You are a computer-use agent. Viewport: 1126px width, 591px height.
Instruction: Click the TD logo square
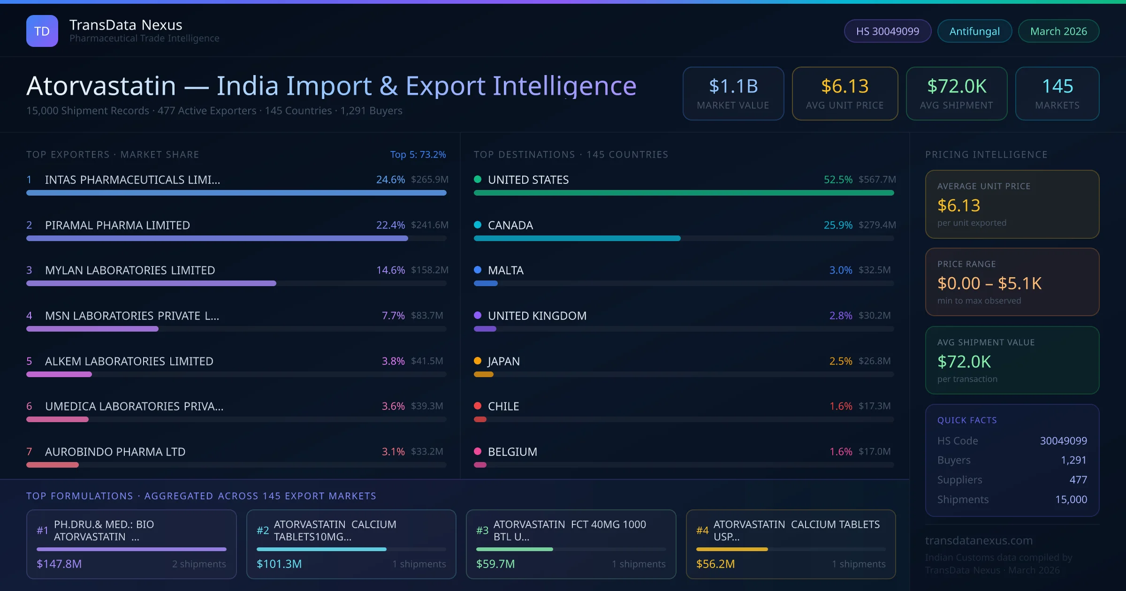pos(42,31)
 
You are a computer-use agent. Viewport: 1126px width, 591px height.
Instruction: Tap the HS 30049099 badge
pos(887,31)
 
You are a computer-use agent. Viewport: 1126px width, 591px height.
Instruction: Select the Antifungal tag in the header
pos(974,31)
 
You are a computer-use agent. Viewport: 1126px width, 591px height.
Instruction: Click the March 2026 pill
pos(1058,31)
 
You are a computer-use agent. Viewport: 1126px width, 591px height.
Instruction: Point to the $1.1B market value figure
pos(733,86)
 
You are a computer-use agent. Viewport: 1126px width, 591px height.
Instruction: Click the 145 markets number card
pos(1057,93)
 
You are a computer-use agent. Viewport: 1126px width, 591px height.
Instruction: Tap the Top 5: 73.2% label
pos(418,154)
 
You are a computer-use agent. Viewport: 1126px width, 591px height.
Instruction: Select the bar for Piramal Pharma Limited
pos(217,238)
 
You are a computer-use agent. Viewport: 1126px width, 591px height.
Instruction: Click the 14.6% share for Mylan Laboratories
pos(390,270)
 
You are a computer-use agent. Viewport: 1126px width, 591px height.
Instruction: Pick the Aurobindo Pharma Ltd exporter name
pos(115,452)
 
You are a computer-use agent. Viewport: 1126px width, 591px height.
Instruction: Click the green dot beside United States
pos(478,179)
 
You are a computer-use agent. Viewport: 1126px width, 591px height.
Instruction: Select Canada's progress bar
pos(577,238)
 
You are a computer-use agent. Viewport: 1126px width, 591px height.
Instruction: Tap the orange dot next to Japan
pos(478,361)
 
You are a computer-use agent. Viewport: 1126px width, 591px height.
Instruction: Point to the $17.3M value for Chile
pos(874,406)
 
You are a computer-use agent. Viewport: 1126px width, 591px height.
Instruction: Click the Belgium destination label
pos(512,452)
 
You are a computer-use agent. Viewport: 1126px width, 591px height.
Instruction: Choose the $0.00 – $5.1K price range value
pos(989,283)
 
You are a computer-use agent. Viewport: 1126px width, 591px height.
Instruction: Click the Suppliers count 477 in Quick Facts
pos(1078,479)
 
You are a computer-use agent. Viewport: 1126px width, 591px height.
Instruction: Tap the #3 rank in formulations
pos(482,530)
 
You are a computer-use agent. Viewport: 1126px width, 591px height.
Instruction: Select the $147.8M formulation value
pos(59,564)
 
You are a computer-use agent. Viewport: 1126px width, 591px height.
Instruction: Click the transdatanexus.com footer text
pos(979,540)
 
